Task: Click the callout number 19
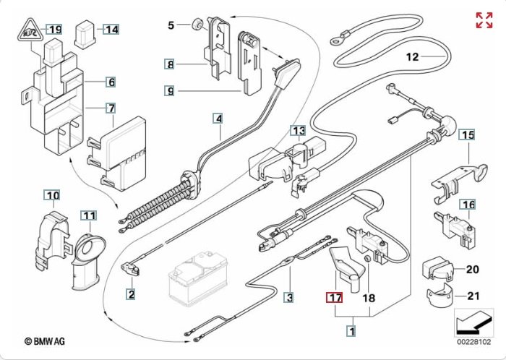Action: point(55,30)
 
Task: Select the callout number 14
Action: point(111,30)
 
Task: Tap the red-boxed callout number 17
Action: point(335,298)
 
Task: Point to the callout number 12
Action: point(412,56)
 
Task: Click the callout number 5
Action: point(171,26)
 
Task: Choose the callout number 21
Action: point(473,295)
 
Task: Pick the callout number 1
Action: point(352,332)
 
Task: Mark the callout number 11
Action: point(87,215)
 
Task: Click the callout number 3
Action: point(289,296)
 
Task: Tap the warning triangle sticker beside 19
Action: point(28,31)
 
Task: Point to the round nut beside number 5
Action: point(196,25)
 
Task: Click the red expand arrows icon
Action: point(484,20)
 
